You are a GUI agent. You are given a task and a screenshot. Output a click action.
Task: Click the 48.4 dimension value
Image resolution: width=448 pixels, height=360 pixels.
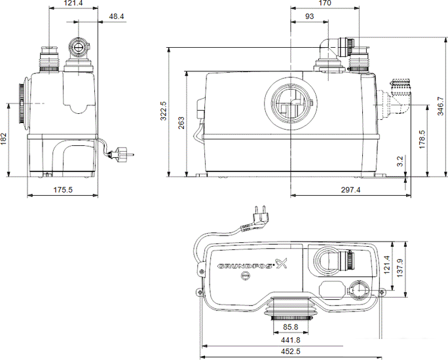tap(117, 16)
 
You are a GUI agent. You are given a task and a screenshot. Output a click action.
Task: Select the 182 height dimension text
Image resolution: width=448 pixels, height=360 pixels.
tap(3, 139)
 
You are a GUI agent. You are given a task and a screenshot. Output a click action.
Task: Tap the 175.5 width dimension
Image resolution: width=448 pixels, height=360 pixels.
tap(63, 190)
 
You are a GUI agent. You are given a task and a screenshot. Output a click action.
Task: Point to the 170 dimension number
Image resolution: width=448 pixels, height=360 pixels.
tap(325, 3)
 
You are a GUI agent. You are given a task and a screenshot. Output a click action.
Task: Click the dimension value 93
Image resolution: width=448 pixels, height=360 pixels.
tap(309, 16)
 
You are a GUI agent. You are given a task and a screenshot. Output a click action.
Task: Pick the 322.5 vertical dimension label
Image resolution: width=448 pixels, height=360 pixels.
tap(164, 111)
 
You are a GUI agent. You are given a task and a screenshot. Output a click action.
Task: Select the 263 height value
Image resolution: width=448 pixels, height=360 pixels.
tap(181, 123)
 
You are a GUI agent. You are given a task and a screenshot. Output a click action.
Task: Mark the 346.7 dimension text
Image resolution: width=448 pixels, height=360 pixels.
tap(441, 106)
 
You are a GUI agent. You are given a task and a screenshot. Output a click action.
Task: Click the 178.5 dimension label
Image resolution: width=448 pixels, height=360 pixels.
tap(422, 139)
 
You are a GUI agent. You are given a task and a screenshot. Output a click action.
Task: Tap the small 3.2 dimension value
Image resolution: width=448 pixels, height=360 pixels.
tap(400, 161)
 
